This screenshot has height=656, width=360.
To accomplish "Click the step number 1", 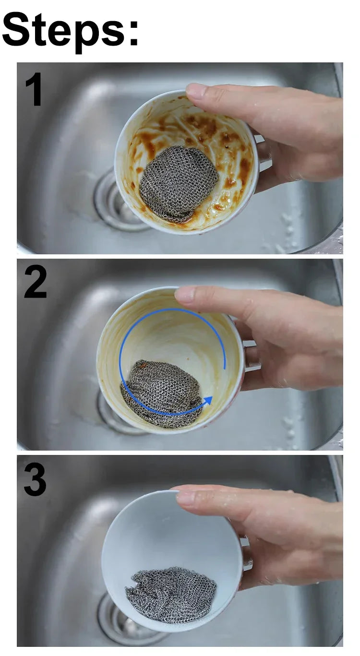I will click(34, 89).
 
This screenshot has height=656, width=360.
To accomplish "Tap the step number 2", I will click(36, 281).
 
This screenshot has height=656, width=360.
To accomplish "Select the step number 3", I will click(35, 479).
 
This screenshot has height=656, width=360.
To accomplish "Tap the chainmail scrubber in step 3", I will click(171, 595).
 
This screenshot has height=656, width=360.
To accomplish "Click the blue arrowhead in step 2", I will click(208, 400).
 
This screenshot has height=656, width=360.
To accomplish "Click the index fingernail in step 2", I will click(185, 293).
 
